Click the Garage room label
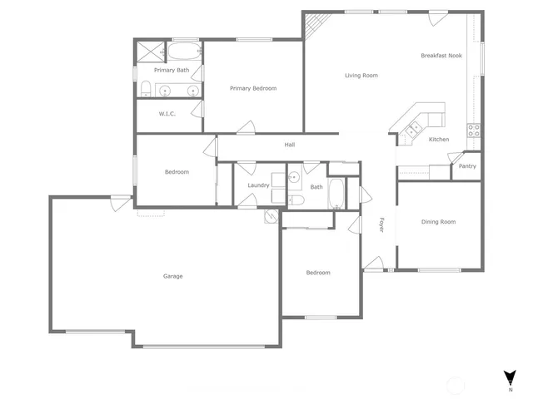tap(172, 276)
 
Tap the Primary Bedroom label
tap(253, 88)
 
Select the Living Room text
tap(361, 76)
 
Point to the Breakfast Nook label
tap(441, 56)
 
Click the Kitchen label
tap(439, 140)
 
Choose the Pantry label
tap(467, 166)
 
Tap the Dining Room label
tap(438, 222)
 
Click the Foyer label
tap(381, 224)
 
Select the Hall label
tap(290, 145)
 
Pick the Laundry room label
tap(258, 185)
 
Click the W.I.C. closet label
tap(167, 114)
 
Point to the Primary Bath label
tap(171, 71)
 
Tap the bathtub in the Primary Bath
tap(181, 53)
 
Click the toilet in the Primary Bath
tap(146, 89)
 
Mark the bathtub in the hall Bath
tap(335, 194)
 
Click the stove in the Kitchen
tap(473, 129)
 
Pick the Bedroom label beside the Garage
tap(177, 172)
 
